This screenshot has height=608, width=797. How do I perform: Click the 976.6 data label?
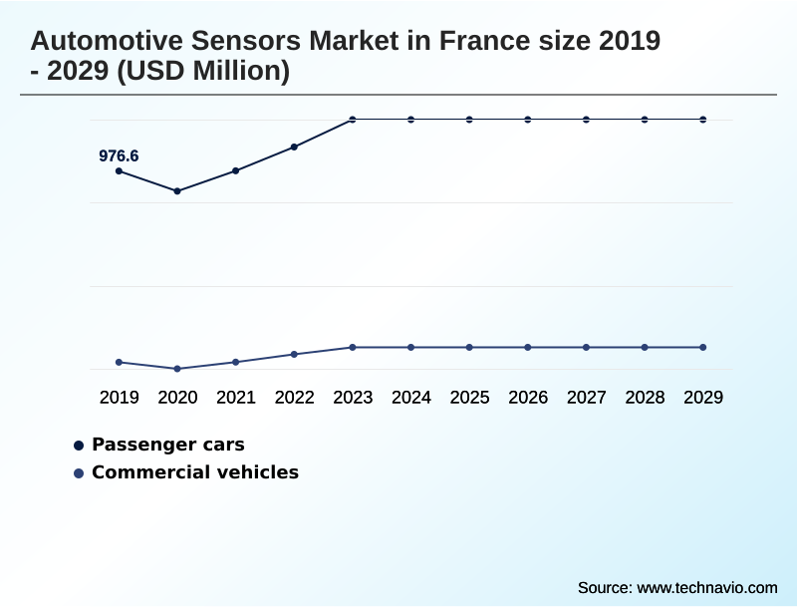point(119,155)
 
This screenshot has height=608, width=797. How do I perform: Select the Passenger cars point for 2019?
point(120,171)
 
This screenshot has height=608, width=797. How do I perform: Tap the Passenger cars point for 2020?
point(177,191)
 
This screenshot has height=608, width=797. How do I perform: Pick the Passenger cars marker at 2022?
point(294,148)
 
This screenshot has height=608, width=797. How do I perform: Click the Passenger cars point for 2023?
point(353,120)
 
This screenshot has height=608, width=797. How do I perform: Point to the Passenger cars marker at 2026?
point(528,120)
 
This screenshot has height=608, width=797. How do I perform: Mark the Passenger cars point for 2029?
point(703,120)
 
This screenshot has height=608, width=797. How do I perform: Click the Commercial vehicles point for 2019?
point(120,362)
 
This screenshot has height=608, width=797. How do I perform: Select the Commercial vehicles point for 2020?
point(177,369)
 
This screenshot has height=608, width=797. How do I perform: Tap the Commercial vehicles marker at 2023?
point(353,347)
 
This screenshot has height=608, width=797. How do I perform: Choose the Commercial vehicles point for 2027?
point(586,347)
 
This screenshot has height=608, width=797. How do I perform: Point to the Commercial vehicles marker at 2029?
point(703,347)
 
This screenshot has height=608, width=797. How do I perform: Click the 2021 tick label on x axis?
point(236,397)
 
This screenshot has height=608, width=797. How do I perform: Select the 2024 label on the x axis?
point(411,397)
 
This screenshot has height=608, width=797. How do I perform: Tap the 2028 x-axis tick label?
point(645,397)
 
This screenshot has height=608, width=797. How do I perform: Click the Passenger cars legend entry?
point(167,445)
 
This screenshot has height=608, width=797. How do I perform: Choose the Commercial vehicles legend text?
point(194,472)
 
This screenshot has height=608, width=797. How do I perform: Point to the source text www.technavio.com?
point(707,588)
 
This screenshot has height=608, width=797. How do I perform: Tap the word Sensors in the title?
point(236,42)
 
